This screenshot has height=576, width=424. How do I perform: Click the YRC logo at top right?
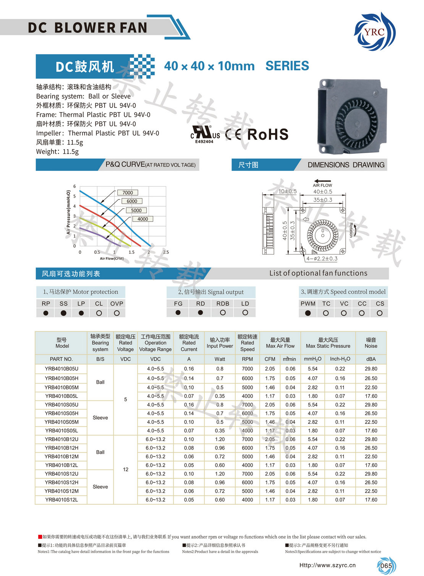[x=374, y=31]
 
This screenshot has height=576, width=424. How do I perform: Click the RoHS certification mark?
[x=267, y=135]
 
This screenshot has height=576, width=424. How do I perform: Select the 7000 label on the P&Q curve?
[x=128, y=193]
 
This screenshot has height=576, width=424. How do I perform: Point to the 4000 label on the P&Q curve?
[x=142, y=219]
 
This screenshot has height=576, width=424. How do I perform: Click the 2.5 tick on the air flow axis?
[x=166, y=252]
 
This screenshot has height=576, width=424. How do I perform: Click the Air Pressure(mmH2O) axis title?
[x=69, y=212]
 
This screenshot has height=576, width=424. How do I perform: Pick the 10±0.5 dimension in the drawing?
[x=287, y=191]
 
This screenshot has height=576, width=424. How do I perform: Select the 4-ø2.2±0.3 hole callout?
[x=322, y=258]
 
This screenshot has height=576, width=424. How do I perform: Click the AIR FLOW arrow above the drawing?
[x=322, y=182]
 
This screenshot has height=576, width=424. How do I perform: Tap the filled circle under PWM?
[x=308, y=313]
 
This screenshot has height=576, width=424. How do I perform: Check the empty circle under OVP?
[x=117, y=313]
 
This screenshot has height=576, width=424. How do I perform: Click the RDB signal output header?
[x=223, y=303]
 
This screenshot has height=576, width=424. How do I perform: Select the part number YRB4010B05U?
[x=61, y=369]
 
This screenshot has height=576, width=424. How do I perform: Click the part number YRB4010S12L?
[x=61, y=500]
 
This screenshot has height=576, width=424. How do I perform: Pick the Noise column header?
[x=371, y=343]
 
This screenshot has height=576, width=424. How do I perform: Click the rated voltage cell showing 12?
[x=126, y=469]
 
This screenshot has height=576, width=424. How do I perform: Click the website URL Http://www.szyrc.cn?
[x=327, y=565]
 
